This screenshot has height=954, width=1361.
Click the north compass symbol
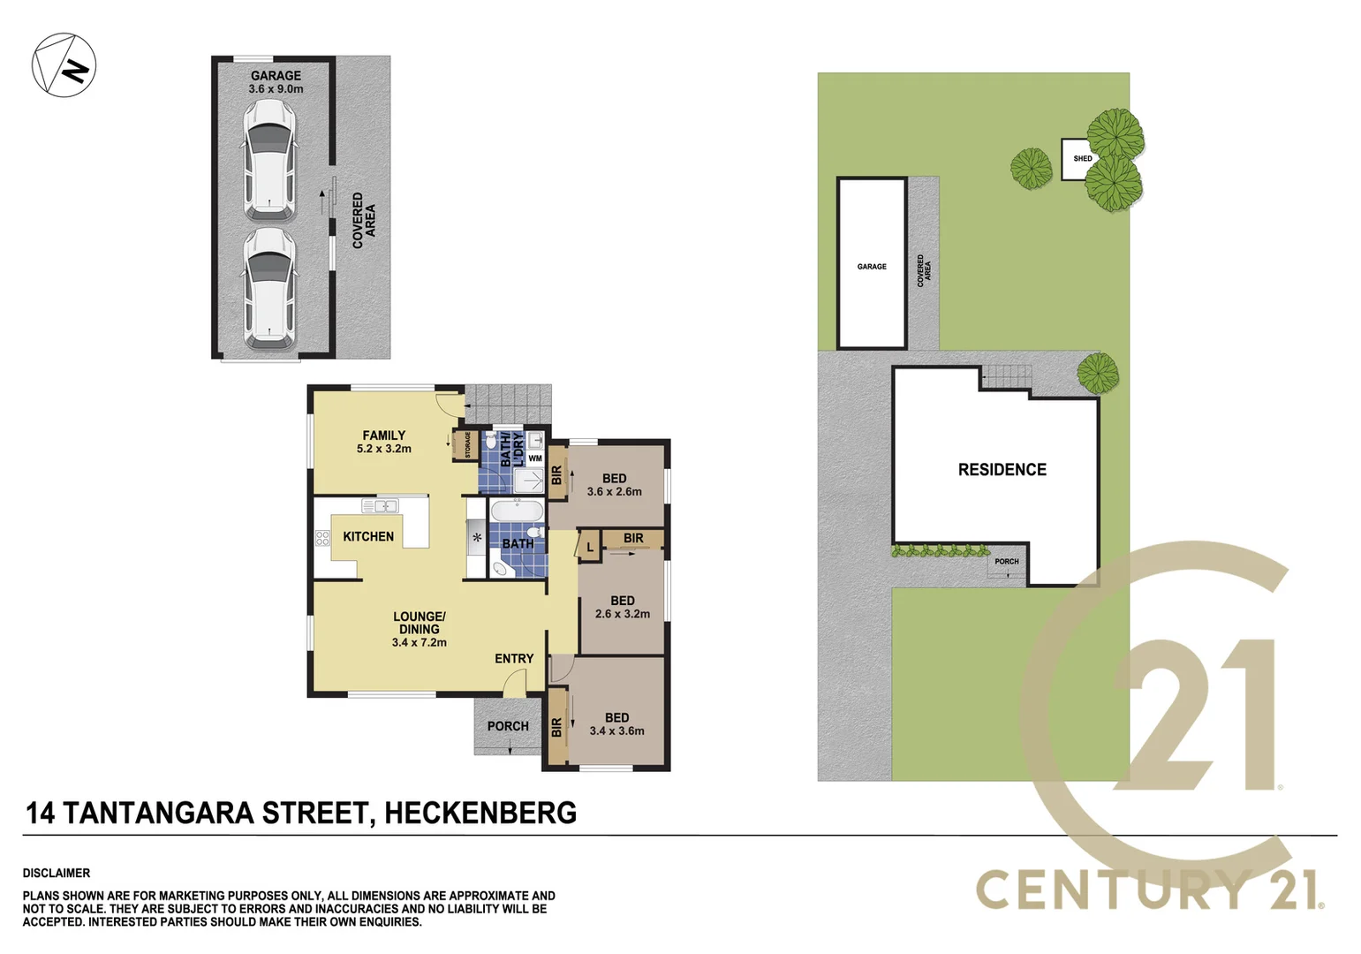tap(64, 65)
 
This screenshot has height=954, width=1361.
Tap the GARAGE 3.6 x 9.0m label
tap(276, 82)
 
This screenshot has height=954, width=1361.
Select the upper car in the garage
tap(269, 159)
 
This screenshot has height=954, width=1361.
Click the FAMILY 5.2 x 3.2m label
tap(384, 442)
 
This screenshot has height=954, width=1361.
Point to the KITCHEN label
tap(368, 536)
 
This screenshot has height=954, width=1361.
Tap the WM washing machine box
tap(535, 458)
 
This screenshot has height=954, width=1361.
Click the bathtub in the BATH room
tap(517, 513)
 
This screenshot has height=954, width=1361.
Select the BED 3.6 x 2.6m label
tap(615, 485)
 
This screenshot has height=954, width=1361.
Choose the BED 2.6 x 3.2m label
tap(623, 607)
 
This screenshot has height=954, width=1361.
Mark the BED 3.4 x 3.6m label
tap(617, 724)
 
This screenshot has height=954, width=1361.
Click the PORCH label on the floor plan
tap(508, 726)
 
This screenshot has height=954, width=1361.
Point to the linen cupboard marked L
tap(590, 547)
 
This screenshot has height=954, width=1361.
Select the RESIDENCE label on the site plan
tap(1002, 470)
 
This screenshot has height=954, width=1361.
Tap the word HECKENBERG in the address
tap(480, 813)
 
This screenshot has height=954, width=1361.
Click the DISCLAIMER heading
tap(57, 873)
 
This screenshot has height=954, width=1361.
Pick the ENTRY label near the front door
tap(514, 658)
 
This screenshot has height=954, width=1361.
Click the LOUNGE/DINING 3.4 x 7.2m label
tap(420, 629)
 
